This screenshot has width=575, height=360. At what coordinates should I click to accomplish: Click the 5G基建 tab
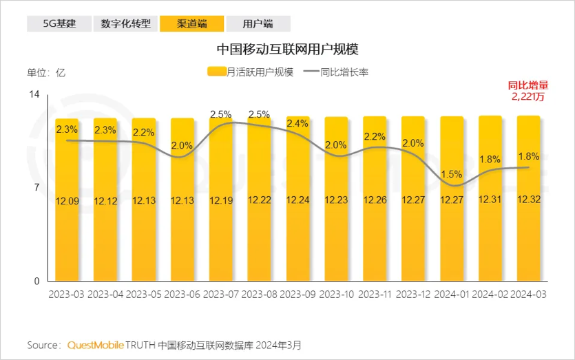(59, 23)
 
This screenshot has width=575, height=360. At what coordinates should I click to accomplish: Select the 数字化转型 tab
(125, 23)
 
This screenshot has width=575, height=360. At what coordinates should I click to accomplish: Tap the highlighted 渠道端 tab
(191, 23)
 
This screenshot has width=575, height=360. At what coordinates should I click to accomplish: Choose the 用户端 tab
(258, 23)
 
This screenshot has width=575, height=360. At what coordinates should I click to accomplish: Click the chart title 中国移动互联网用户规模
(287, 50)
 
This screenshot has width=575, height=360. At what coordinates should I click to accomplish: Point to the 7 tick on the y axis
(36, 188)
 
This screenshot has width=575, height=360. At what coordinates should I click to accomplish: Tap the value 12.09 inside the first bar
(67, 200)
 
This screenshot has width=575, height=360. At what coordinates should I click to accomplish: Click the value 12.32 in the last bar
(528, 200)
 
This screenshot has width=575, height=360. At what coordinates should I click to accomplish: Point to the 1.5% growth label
(452, 173)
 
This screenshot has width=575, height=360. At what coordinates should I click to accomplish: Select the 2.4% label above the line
(297, 123)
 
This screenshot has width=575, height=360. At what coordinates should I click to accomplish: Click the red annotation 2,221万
(527, 97)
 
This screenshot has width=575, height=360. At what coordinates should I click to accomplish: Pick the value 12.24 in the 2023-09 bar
(297, 200)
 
